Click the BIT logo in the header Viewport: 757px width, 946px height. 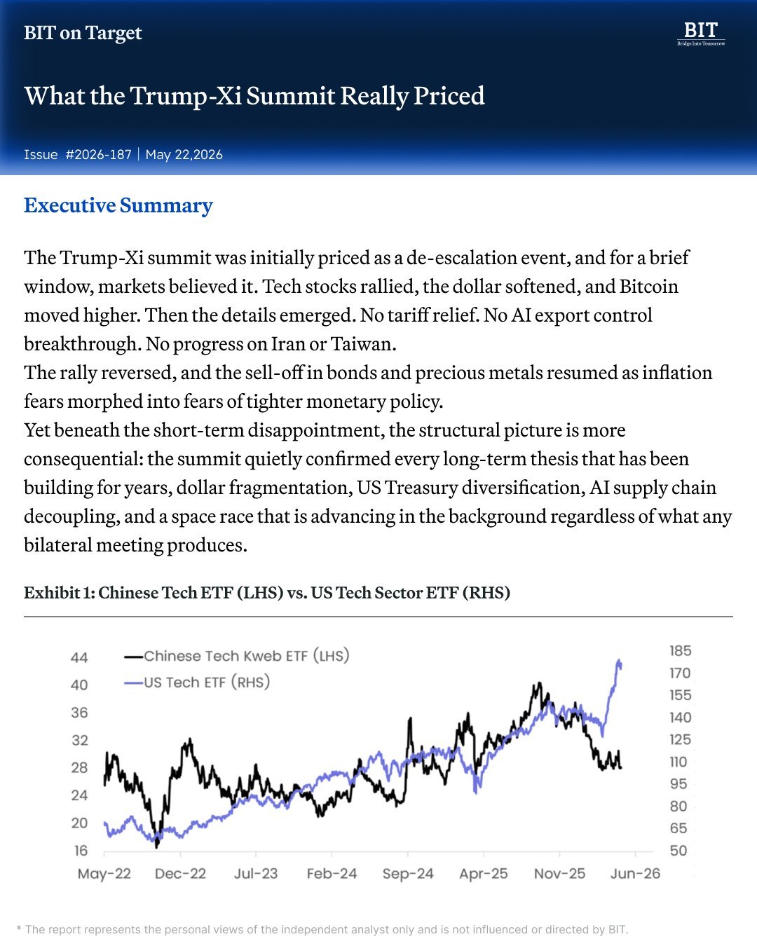tap(701, 34)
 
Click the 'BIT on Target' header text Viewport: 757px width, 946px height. tap(83, 33)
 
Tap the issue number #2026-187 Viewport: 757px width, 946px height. tap(98, 154)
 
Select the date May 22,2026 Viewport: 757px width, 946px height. tap(184, 155)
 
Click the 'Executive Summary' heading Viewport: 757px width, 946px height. tap(118, 205)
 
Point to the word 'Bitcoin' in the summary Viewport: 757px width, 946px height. tap(649, 286)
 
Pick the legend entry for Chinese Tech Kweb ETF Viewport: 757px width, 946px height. tap(237, 656)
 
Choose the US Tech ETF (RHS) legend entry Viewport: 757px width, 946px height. tap(197, 683)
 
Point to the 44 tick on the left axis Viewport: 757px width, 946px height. tap(79, 657)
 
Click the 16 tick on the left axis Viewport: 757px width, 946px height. tap(81, 851)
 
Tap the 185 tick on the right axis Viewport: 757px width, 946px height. tap(681, 651)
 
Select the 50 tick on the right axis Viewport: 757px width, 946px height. tap(678, 851)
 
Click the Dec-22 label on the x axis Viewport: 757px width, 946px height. tap(180, 873)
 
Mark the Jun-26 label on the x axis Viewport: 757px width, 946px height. tap(635, 873)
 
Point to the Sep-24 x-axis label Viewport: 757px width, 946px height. tap(408, 873)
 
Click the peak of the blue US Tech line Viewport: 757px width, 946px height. tap(619, 660)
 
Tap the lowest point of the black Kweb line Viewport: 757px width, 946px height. tap(157, 847)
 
